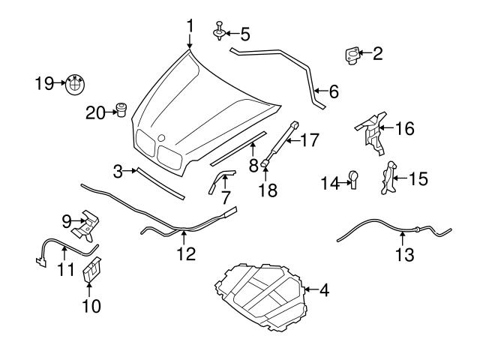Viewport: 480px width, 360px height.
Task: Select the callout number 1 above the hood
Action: [x=190, y=26]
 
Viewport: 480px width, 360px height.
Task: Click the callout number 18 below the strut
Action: [x=267, y=192]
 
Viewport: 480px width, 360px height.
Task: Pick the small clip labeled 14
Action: [x=353, y=179]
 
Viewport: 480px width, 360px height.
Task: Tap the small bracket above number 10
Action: [x=91, y=271]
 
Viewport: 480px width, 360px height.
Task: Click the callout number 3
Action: [x=118, y=172]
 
